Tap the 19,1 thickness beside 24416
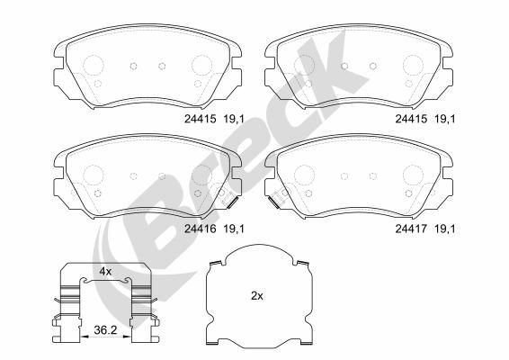click(x=233, y=228)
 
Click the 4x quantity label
click(x=105, y=271)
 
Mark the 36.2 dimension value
click(x=107, y=331)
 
